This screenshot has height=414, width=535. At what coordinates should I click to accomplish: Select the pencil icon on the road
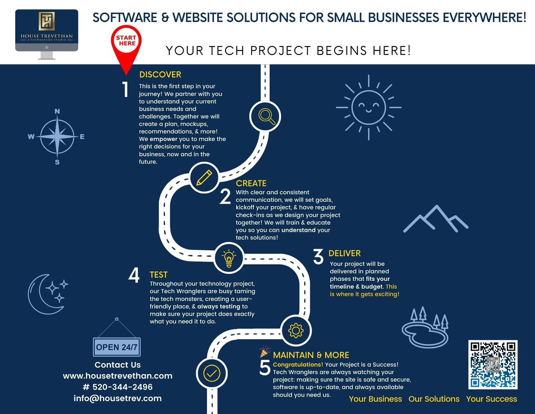point(204,177)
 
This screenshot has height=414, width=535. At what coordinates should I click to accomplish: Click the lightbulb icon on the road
point(229,258)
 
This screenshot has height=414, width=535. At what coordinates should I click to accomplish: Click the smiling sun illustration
point(369,107)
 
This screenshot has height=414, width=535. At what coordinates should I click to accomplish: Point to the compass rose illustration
point(57,137)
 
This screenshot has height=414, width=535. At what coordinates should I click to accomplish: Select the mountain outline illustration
point(436,220)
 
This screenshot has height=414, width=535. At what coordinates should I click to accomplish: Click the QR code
point(493,364)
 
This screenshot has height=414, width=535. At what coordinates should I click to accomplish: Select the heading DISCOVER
point(160,75)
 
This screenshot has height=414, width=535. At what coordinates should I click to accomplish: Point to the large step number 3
point(318,257)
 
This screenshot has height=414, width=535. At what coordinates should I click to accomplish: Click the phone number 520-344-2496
point(118,387)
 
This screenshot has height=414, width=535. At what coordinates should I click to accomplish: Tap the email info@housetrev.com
point(118,398)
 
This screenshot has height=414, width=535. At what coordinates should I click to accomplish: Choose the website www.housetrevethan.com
point(118,376)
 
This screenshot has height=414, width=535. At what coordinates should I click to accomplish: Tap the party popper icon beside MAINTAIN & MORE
point(265,352)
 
